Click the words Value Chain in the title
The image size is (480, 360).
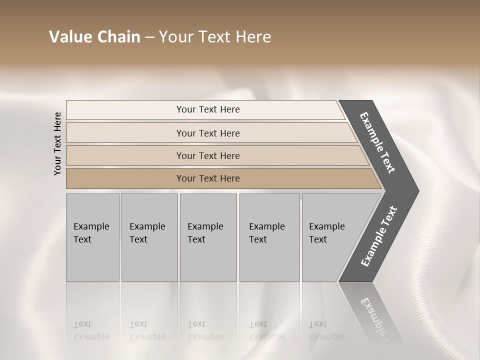click(94, 37)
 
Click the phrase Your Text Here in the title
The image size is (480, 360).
click(215, 37)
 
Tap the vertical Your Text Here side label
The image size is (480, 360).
click(57, 143)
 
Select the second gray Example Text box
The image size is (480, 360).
click(149, 237)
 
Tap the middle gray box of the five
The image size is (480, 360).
click(208, 237)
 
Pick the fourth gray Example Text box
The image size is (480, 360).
click(269, 237)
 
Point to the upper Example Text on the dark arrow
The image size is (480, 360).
click(377, 143)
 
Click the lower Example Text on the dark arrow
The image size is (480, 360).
click(378, 236)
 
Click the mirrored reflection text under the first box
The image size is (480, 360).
click(91, 331)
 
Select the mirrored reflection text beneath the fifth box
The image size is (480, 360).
click(327, 331)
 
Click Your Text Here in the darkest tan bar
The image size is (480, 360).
click(208, 178)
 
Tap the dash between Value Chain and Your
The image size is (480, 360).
click(149, 37)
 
